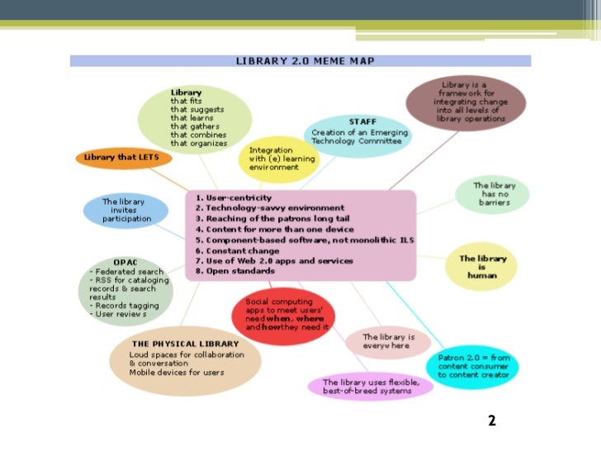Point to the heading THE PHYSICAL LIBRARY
click(x=185, y=344)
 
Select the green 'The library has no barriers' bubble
click(x=493, y=194)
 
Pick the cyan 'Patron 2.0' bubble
click(x=473, y=366)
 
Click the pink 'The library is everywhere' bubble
click(x=387, y=341)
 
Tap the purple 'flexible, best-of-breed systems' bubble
click(x=371, y=387)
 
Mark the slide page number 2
click(x=492, y=421)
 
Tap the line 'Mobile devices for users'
click(x=176, y=372)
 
